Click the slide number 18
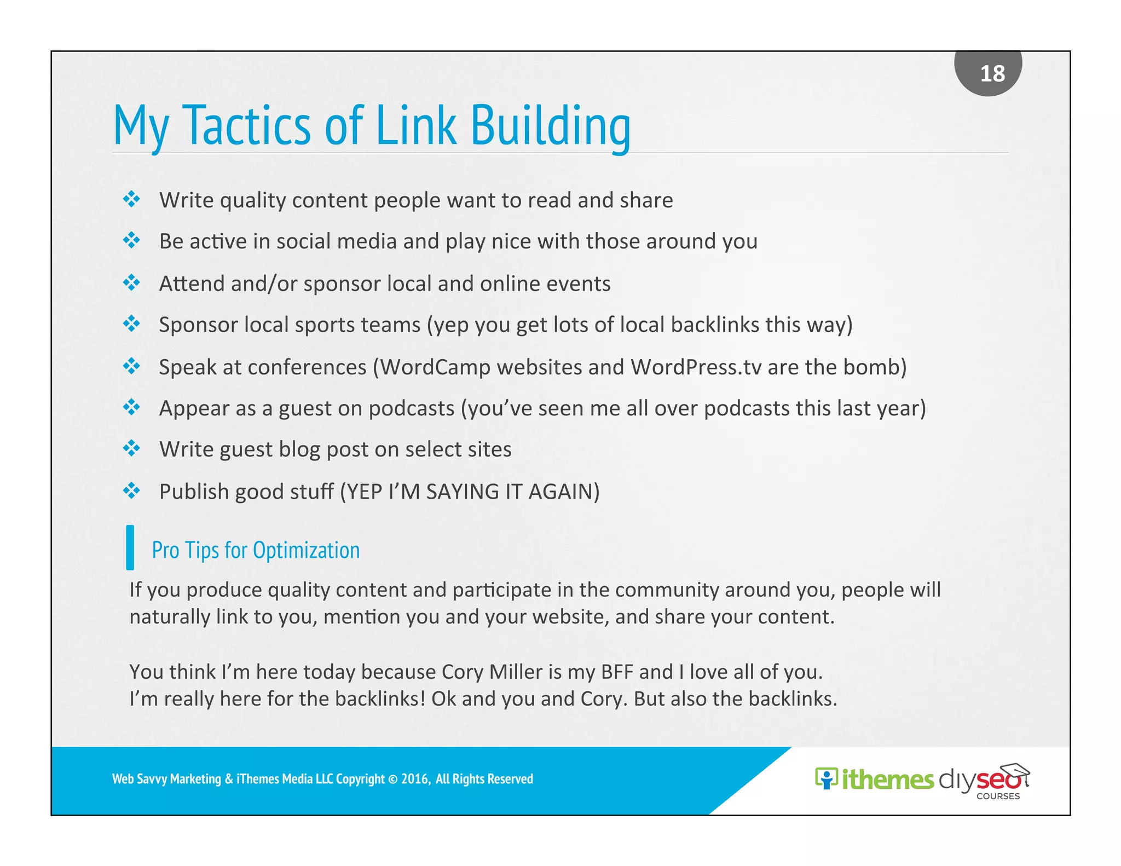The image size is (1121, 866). coord(992,73)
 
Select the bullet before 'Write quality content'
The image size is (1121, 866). coord(131,199)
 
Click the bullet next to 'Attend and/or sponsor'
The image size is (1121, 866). coord(131,283)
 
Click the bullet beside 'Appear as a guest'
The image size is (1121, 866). coord(131,407)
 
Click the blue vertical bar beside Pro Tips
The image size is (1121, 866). coord(130,547)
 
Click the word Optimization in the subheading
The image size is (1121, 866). coord(306,550)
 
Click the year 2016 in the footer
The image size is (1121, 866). coord(415,779)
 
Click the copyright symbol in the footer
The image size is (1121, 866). coord(392,779)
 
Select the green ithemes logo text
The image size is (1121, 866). coord(887,780)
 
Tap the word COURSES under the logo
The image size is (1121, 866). coord(998,796)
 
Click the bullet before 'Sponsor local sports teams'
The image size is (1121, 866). coord(131,324)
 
